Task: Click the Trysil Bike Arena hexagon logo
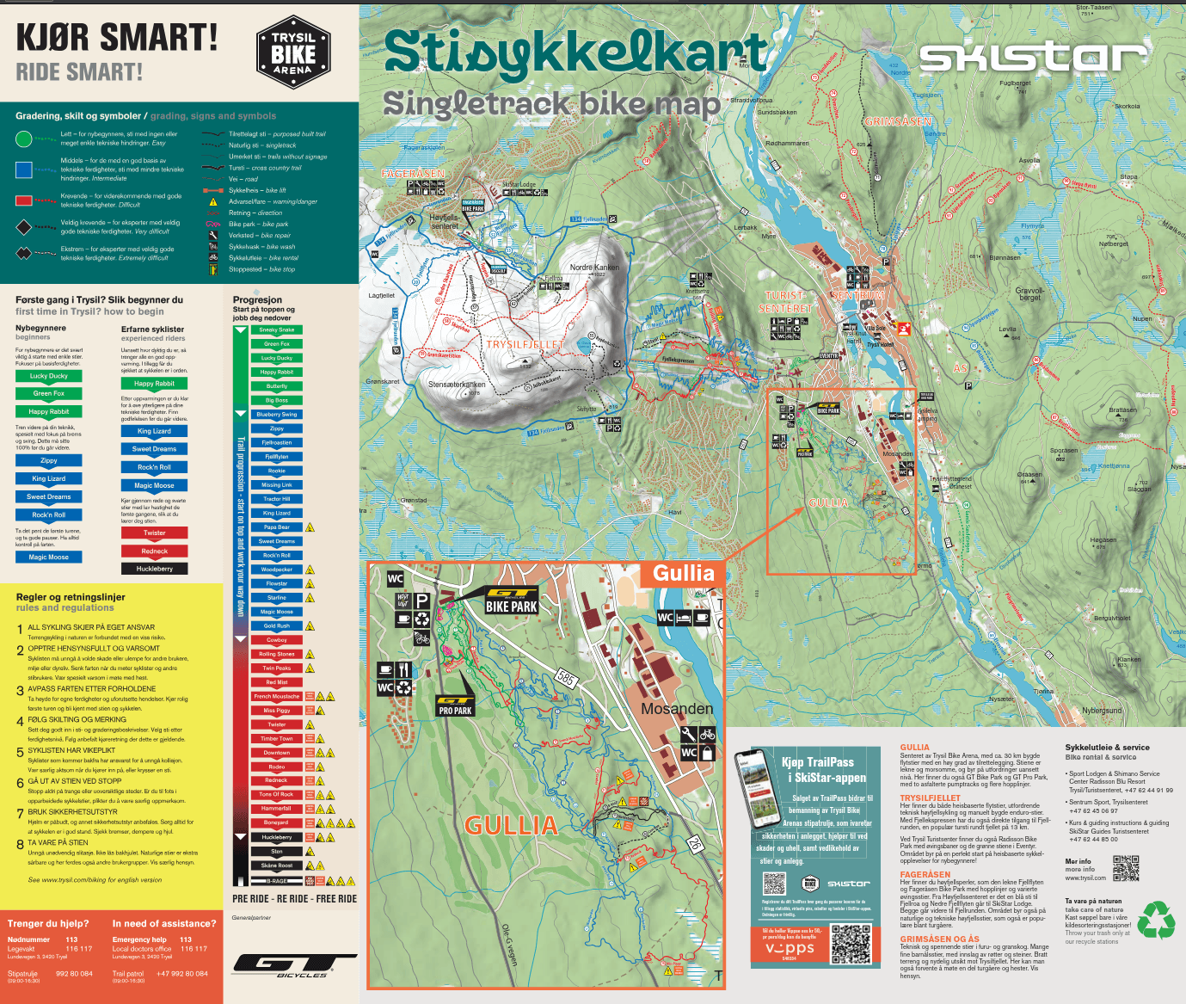pyautogui.click(x=293, y=52)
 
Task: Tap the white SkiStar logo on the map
pyautogui.click(x=1033, y=58)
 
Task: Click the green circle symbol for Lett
pyautogui.click(x=24, y=139)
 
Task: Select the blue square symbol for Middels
pyautogui.click(x=24, y=169)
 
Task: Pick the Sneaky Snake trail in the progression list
pyautogui.click(x=276, y=330)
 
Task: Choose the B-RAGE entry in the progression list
pyautogui.click(x=276, y=881)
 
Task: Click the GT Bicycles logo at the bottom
pyautogui.click(x=294, y=965)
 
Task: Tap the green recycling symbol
pyautogui.click(x=1156, y=920)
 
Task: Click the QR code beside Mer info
pyautogui.click(x=1126, y=869)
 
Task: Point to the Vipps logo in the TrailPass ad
pyautogui.click(x=790, y=948)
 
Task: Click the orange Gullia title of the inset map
pyautogui.click(x=683, y=573)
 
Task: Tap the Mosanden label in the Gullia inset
pyautogui.click(x=677, y=709)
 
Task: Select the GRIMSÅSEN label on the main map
pyautogui.click(x=897, y=121)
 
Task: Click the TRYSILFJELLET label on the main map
pyautogui.click(x=525, y=344)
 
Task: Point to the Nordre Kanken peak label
pyautogui.click(x=594, y=268)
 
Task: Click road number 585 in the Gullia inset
pyautogui.click(x=566, y=678)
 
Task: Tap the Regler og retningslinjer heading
pyautogui.click(x=71, y=597)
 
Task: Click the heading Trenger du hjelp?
pyautogui.click(x=48, y=923)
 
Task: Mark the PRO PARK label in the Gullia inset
pyautogui.click(x=455, y=711)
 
